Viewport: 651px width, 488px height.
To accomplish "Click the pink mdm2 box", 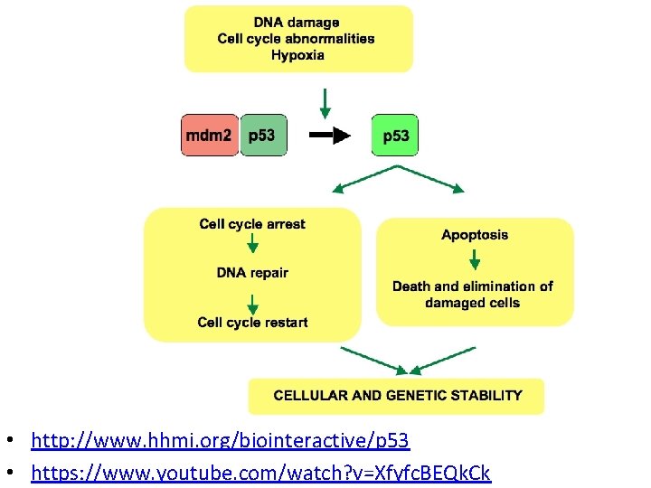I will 210,136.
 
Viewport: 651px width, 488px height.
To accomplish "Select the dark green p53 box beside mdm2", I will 262,136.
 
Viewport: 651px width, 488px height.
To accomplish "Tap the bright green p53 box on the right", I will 395,136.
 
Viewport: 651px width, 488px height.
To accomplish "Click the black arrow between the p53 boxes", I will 329,136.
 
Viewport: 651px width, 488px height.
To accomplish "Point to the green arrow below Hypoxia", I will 325,102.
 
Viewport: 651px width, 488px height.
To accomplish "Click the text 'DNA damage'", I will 297,23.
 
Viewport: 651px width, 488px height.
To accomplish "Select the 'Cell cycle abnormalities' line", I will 297,38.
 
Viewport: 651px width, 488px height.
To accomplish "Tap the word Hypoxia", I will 297,54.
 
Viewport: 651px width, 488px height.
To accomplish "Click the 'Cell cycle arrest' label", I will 252,224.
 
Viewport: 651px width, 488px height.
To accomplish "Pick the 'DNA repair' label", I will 252,273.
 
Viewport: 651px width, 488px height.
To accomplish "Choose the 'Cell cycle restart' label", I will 252,323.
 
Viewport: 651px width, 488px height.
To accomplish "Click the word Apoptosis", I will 475,235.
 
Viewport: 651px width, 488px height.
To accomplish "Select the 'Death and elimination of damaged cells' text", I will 473,295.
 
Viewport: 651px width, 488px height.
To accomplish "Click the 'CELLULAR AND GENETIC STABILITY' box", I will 397,396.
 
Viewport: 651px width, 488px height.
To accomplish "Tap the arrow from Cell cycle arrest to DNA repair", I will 252,245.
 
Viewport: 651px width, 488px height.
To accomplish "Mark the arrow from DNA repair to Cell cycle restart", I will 252,296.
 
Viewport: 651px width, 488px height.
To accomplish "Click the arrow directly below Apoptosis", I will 474,260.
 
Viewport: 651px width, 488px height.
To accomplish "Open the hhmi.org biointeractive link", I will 220,441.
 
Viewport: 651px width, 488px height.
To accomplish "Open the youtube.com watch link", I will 260,472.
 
